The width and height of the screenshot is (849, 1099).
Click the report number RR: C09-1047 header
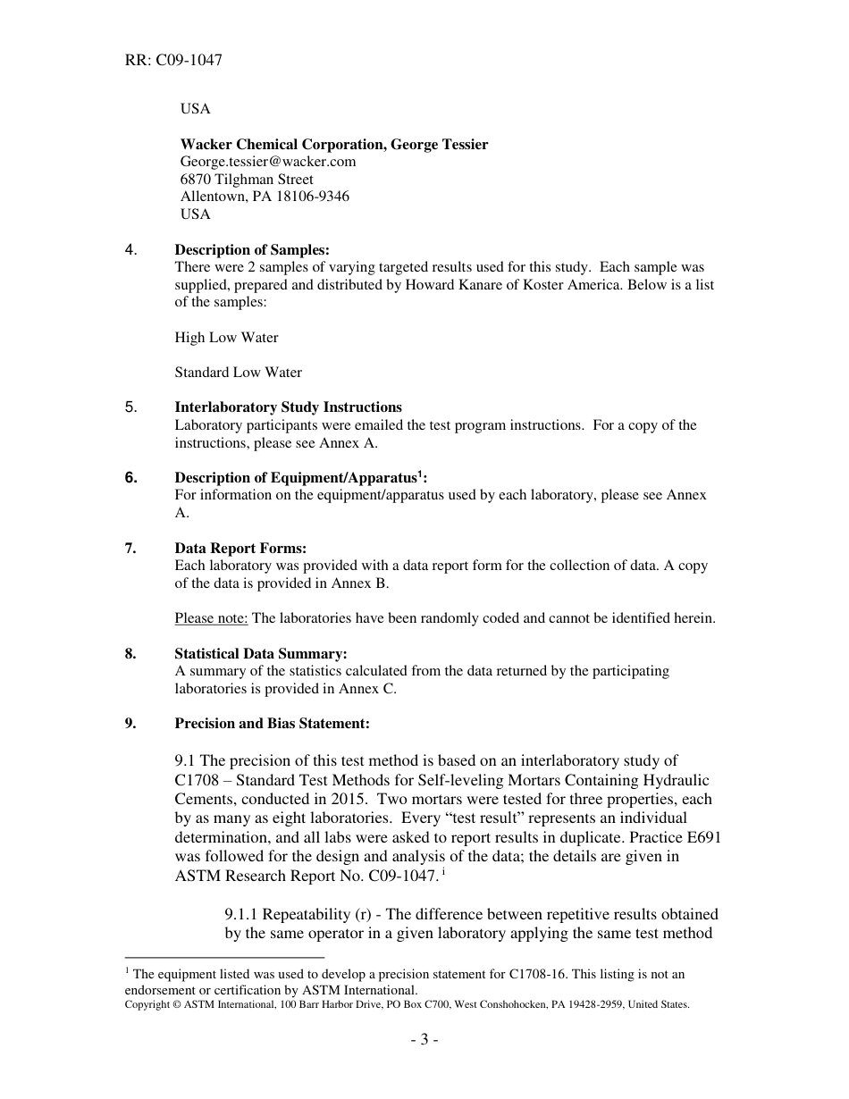point(173,61)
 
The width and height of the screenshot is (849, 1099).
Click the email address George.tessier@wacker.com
point(268,162)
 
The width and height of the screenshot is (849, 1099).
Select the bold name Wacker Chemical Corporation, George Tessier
point(334,144)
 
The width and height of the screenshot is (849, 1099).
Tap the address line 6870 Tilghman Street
point(247,180)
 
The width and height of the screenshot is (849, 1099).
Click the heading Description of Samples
point(252,250)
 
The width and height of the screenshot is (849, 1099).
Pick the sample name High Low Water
point(226,338)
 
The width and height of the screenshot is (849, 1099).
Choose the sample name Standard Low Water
point(238,373)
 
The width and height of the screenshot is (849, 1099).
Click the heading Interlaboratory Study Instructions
point(288,407)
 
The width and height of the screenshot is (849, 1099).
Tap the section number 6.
point(130,478)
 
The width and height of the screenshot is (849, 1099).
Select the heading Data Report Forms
point(240,549)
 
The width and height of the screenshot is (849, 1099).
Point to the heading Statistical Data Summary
point(260,653)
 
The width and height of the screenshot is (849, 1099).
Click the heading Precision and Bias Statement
point(272,723)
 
